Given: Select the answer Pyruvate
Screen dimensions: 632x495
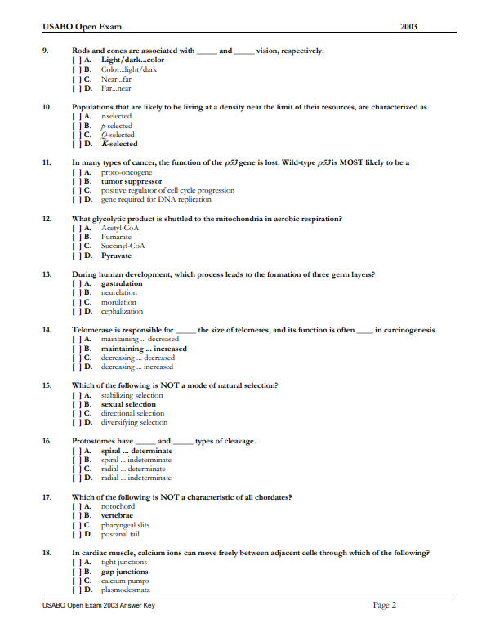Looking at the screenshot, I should click(115, 256).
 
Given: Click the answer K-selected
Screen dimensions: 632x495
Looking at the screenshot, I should click(119, 144).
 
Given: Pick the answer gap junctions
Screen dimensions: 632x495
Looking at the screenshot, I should click(124, 572).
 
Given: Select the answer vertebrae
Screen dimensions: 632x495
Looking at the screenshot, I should click(117, 516).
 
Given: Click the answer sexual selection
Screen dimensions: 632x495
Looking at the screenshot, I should click(128, 404).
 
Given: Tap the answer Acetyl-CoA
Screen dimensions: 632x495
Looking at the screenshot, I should click(119, 228).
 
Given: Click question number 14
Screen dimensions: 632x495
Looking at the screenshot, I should click(47, 330).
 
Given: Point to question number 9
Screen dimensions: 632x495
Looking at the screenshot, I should click(45, 51).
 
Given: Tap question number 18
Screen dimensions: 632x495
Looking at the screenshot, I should click(47, 553).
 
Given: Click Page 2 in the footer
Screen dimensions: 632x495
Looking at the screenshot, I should click(384, 605).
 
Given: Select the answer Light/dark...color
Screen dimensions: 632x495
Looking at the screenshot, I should click(132, 60).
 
